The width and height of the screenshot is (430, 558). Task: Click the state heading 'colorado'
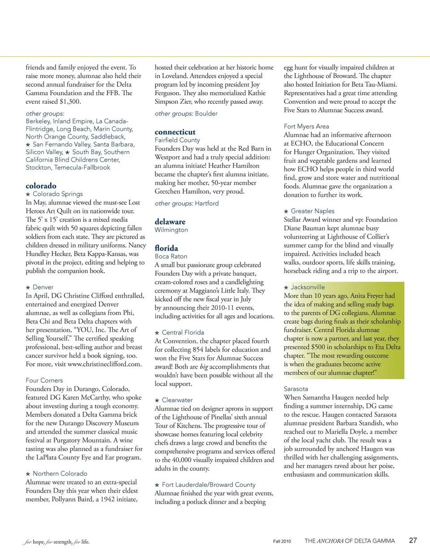click(x=41, y=186)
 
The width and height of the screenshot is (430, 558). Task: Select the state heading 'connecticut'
click(x=175, y=132)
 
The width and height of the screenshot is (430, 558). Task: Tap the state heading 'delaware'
click(x=170, y=221)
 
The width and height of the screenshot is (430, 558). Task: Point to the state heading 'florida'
click(x=166, y=248)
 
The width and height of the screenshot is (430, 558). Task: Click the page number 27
click(x=413, y=540)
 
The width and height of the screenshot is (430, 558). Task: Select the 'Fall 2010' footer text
click(x=282, y=541)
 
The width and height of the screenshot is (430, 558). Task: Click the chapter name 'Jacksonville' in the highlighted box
click(x=308, y=287)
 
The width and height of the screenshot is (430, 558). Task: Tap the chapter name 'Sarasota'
click(x=296, y=389)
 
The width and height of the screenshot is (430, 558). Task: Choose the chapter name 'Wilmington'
click(x=171, y=230)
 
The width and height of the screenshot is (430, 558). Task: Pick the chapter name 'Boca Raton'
click(x=171, y=256)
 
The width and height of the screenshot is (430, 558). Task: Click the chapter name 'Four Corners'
click(x=44, y=380)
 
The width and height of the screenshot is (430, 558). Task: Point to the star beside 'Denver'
click(x=28, y=288)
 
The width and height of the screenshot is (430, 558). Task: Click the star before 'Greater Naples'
click(x=286, y=211)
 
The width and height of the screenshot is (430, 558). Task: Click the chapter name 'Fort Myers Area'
click(x=306, y=126)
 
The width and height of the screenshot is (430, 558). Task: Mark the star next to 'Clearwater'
click(x=157, y=400)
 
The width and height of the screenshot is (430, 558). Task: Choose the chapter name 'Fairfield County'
click(x=177, y=140)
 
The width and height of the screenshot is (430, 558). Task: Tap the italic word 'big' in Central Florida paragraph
click(x=203, y=367)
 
